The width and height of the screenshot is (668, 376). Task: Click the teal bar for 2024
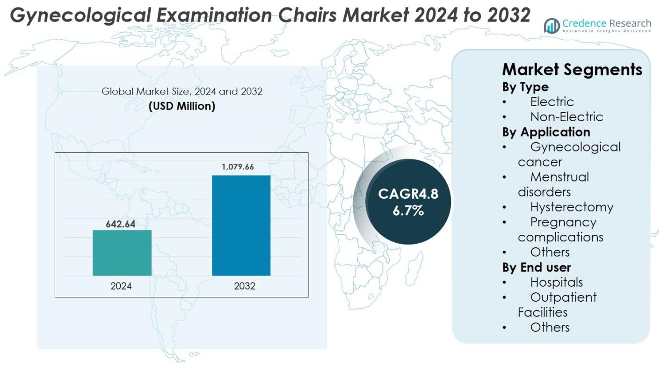122,253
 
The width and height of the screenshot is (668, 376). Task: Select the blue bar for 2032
241,225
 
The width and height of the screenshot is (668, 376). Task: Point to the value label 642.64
120,224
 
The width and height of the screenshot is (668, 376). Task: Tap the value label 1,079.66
238,167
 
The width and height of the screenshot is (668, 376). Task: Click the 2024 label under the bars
121,286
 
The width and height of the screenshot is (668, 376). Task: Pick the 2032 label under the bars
245,286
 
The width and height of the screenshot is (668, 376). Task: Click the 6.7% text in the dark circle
408,210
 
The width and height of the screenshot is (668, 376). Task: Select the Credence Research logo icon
552,26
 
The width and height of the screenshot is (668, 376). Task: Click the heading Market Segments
572,70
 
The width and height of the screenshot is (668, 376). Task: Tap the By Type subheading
525,87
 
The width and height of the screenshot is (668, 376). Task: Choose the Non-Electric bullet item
566,116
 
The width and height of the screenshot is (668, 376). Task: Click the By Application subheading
546,132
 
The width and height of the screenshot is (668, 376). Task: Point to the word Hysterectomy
572,207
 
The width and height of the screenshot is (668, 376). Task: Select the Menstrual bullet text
559,177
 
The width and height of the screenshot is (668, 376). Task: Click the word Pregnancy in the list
563,222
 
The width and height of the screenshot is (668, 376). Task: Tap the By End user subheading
537,267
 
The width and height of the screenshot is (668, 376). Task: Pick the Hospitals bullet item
556,282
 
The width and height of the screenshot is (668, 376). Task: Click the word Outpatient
563,297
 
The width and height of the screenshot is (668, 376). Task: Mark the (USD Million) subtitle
182,106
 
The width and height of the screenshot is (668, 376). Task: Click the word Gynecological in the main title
80,15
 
